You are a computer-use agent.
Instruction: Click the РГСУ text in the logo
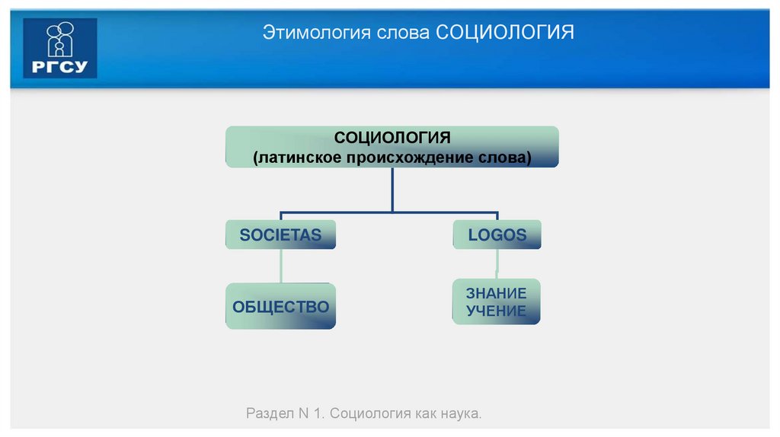pyautogui.click(x=60, y=66)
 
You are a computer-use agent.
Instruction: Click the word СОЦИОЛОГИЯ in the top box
pyautogui.click(x=392, y=138)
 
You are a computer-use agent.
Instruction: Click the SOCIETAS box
pyautogui.click(x=280, y=234)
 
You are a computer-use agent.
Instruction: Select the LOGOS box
pyautogui.click(x=497, y=234)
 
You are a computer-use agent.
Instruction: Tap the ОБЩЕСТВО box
pyautogui.click(x=280, y=307)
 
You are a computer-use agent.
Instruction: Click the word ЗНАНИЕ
pyautogui.click(x=497, y=293)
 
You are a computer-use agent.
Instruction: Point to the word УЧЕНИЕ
pyautogui.click(x=497, y=311)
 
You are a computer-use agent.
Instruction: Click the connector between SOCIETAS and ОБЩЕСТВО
pyautogui.click(x=281, y=266)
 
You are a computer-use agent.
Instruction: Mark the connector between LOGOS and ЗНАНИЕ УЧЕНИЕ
pyautogui.click(x=497, y=263)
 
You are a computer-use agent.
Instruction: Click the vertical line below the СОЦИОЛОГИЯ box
pyautogui.click(x=392, y=189)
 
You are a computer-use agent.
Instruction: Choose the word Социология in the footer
pyautogui.click(x=369, y=414)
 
